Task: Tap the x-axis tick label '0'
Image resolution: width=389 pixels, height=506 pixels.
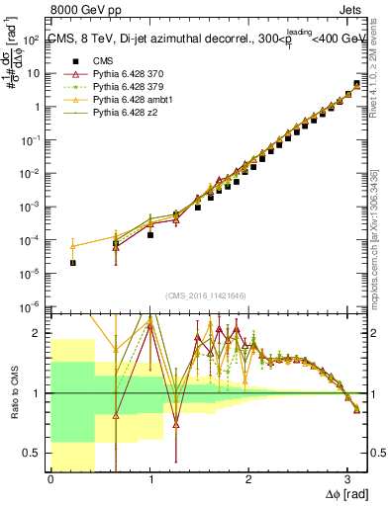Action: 50,480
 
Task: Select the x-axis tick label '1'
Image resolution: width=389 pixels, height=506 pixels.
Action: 149,480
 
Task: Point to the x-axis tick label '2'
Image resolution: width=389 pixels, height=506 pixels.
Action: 248,480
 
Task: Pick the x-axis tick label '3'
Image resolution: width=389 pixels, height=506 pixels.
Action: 347,480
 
